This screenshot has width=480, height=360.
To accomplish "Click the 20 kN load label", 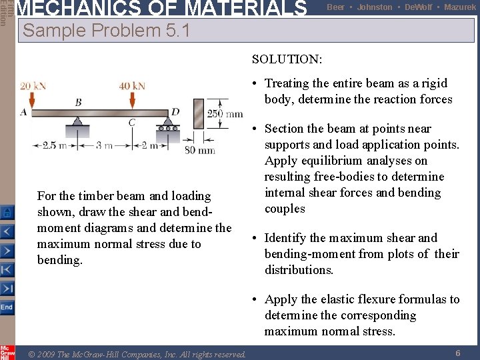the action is click(33, 86).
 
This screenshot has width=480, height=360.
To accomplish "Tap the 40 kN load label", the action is click(132, 86).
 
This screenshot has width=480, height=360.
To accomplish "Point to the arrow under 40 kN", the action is click(132, 99).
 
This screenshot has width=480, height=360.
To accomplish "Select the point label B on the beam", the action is click(78, 102).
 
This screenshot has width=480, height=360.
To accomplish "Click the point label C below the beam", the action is click(132, 122).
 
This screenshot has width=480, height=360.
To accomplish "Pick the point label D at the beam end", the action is click(175, 111).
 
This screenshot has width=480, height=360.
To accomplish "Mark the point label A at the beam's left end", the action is click(24, 112).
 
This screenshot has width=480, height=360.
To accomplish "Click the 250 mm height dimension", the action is click(225, 114).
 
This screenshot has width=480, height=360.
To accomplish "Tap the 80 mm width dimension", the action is click(199, 150).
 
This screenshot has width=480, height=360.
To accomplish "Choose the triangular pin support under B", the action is click(78, 123).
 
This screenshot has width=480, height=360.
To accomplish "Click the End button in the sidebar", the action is click(7, 307).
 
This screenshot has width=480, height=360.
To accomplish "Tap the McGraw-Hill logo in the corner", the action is click(7, 351).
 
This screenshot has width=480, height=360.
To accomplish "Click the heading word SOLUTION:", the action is click(287, 59).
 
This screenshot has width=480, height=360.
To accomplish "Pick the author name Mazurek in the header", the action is click(460, 7).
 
